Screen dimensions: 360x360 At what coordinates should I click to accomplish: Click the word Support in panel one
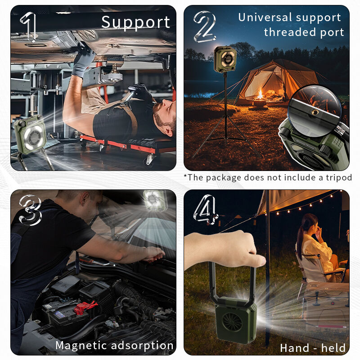click(135, 22)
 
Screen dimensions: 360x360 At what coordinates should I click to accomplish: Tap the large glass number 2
click(204, 27)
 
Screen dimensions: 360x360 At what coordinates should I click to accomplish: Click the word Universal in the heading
click(265, 17)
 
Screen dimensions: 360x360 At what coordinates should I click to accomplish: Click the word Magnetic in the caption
click(81, 346)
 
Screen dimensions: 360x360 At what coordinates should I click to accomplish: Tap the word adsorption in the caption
click(142, 346)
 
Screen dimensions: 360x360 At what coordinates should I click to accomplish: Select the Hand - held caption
click(313, 348)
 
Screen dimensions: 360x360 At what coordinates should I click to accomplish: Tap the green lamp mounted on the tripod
click(225, 59)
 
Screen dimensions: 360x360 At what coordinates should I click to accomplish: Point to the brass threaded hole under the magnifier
click(315, 112)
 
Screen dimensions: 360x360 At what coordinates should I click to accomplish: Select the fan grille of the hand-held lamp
click(232, 322)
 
